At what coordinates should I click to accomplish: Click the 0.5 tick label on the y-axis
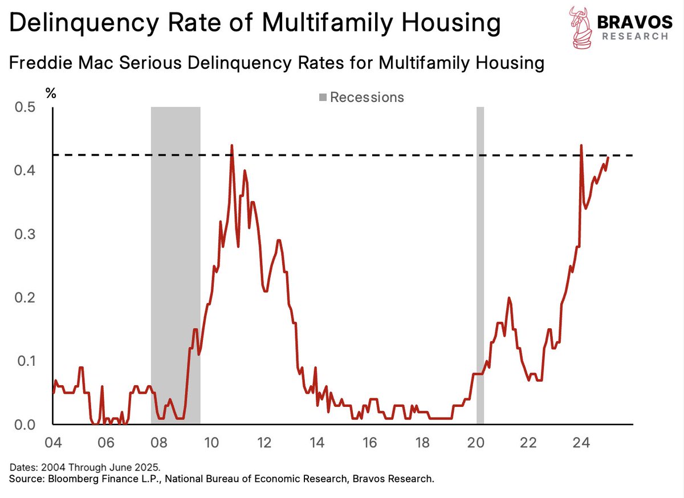(x=24, y=107)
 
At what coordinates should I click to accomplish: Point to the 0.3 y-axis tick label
(x=24, y=234)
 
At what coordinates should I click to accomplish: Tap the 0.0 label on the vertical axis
(x=24, y=424)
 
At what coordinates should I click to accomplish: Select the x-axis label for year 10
(x=211, y=443)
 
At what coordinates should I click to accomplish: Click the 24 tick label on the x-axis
(x=581, y=443)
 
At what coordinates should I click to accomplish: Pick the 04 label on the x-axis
(x=54, y=443)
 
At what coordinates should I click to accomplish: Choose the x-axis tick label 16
(x=369, y=443)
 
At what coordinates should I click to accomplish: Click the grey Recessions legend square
(x=323, y=97)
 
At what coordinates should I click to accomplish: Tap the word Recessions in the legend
(x=367, y=97)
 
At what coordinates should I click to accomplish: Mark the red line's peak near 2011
(x=231, y=145)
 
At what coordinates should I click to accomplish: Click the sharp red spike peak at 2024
(x=581, y=145)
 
